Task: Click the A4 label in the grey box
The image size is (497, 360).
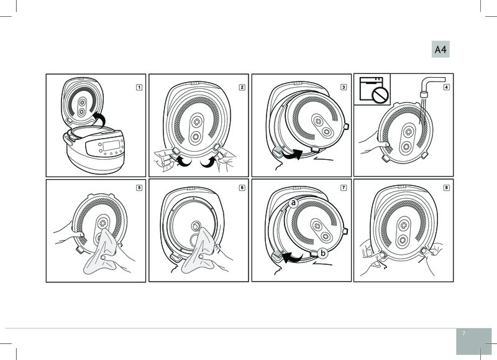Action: point(440,50)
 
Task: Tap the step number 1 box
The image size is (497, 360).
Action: point(139,87)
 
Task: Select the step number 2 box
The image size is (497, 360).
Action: point(242,87)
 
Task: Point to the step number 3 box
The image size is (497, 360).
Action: point(344,87)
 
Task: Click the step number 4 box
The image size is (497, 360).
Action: point(446,87)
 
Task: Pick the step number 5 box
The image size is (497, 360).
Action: point(139,187)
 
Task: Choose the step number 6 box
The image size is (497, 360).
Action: point(242,188)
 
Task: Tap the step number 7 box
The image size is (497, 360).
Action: point(344,187)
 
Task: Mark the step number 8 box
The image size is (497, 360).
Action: point(446,188)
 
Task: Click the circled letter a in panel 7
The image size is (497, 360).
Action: point(293,203)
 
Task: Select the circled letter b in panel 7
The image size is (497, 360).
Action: point(323,253)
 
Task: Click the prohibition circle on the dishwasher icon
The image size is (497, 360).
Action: point(380,95)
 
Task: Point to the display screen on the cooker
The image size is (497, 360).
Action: point(112,145)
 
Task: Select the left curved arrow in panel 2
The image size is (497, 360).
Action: point(182,160)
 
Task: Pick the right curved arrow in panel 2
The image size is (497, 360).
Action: point(208,160)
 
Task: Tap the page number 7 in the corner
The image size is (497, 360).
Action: point(463,333)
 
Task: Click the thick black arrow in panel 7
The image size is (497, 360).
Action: point(291,257)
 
